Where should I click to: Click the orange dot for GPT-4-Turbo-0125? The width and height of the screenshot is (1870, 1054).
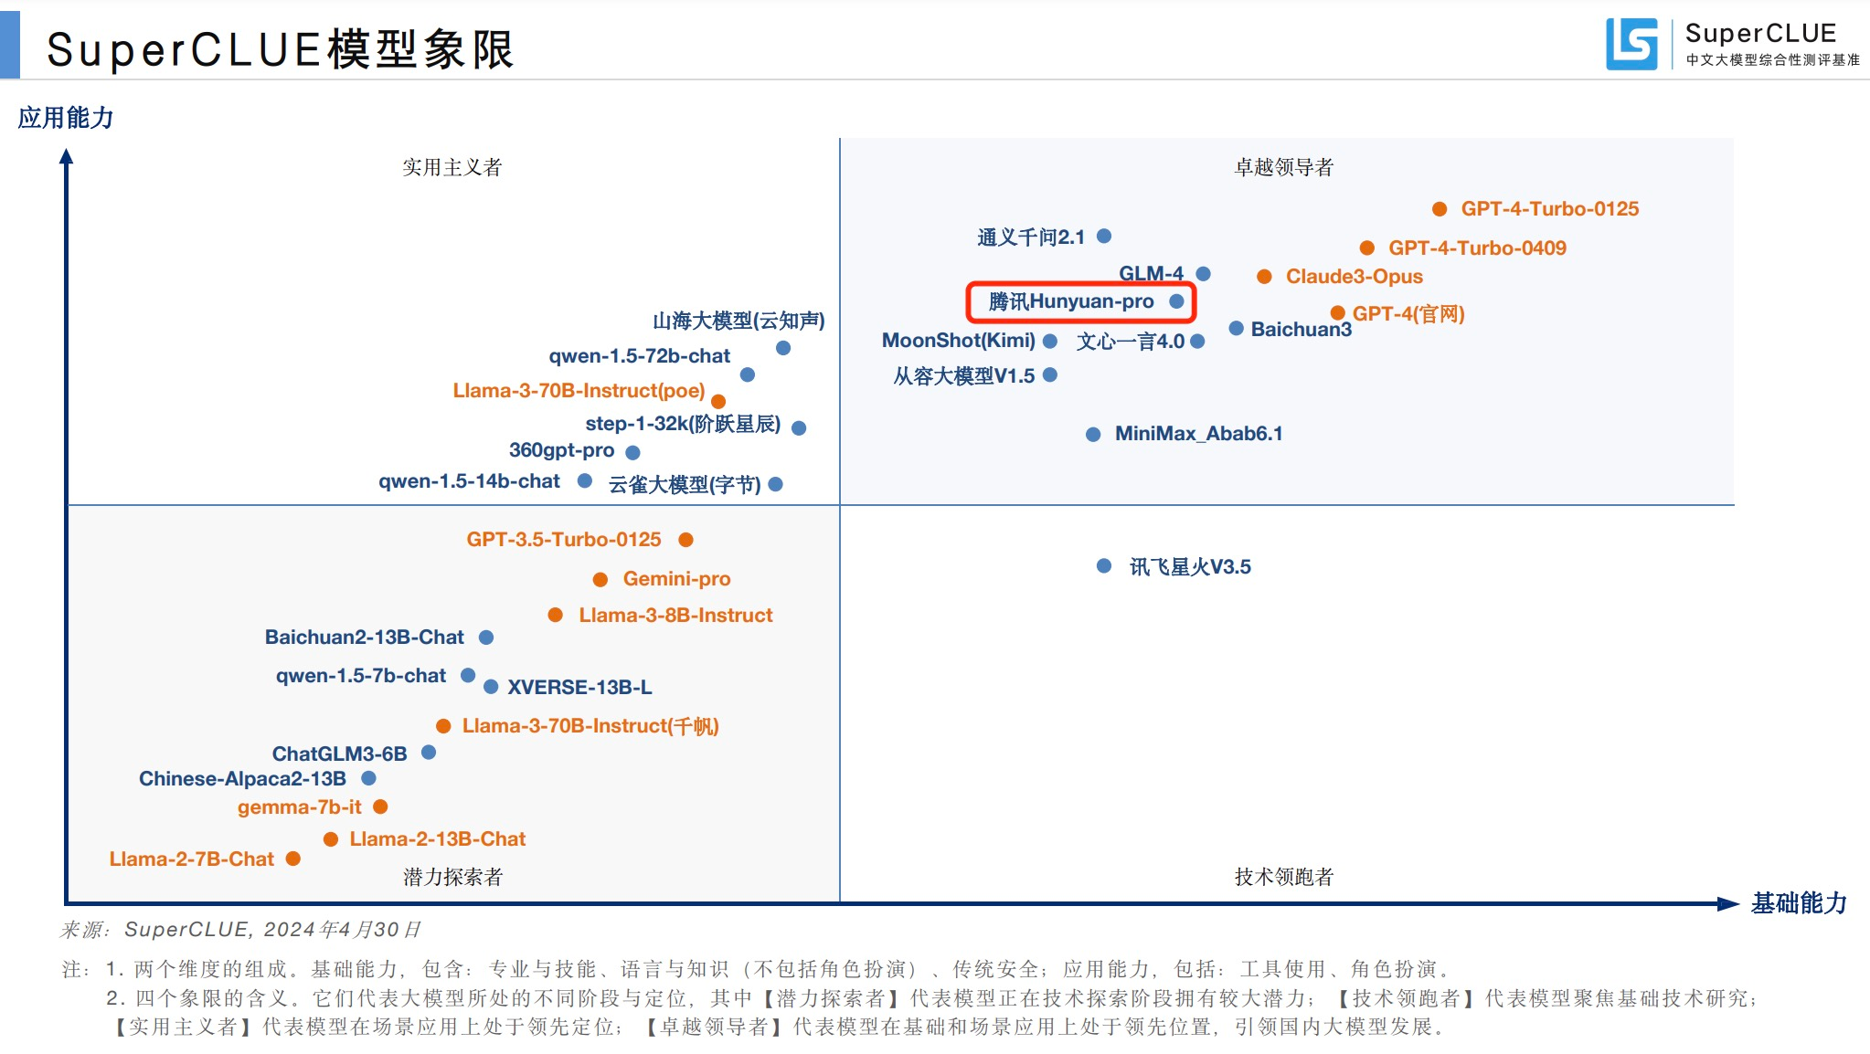click(1440, 209)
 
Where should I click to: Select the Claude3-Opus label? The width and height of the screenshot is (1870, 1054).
click(1354, 276)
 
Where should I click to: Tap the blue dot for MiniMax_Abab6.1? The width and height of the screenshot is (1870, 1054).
click(1093, 435)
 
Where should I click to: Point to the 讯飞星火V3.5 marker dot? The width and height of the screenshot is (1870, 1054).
click(1104, 566)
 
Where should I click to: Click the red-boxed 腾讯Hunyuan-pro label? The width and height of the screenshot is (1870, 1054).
click(1071, 301)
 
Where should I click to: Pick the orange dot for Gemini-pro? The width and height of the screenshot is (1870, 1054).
click(600, 579)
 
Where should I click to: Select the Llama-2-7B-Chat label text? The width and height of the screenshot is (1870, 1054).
click(191, 859)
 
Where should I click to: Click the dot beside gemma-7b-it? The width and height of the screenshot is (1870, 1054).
click(381, 806)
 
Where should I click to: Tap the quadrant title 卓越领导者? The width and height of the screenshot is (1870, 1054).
click(1283, 167)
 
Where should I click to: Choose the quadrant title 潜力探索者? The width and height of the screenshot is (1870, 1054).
click(452, 877)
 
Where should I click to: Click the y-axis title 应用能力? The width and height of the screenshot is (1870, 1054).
click(66, 118)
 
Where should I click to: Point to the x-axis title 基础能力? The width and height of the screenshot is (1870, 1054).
click(1798, 903)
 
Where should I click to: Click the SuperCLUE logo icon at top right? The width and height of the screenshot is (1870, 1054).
click(1631, 44)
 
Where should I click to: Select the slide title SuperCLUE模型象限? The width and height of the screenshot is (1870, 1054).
click(280, 49)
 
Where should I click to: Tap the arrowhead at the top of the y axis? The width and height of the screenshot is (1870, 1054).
click(66, 156)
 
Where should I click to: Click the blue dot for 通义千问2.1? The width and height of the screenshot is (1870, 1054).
click(1104, 236)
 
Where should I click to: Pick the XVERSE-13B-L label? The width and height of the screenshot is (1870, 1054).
click(579, 687)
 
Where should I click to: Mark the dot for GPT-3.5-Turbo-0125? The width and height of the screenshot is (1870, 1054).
click(686, 540)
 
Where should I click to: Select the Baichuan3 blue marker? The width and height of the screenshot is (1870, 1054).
click(1236, 328)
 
